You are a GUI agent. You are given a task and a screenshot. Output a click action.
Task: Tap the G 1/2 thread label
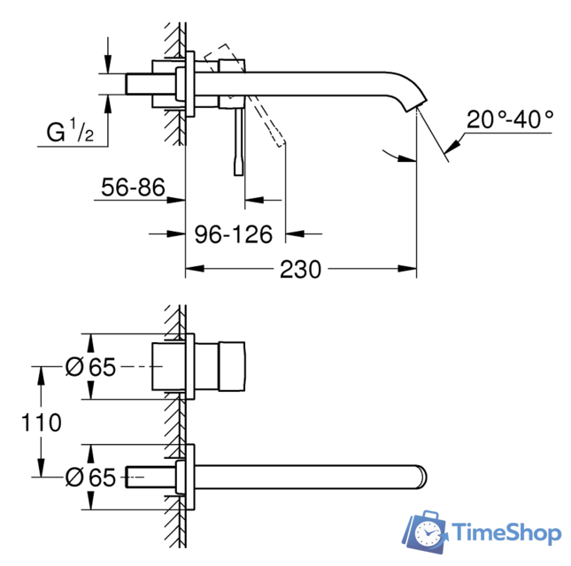tap(71, 133)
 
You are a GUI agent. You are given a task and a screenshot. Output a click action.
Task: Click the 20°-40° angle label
tap(511, 119)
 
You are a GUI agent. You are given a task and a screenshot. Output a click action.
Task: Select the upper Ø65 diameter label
tap(91, 367)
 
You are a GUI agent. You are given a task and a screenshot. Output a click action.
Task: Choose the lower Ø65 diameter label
tap(91, 478)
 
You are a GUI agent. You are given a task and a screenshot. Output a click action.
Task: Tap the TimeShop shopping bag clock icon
tap(428, 532)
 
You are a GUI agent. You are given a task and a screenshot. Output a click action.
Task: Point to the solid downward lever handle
tap(238, 141)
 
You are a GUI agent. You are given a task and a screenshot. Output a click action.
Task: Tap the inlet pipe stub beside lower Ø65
tap(150, 478)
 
